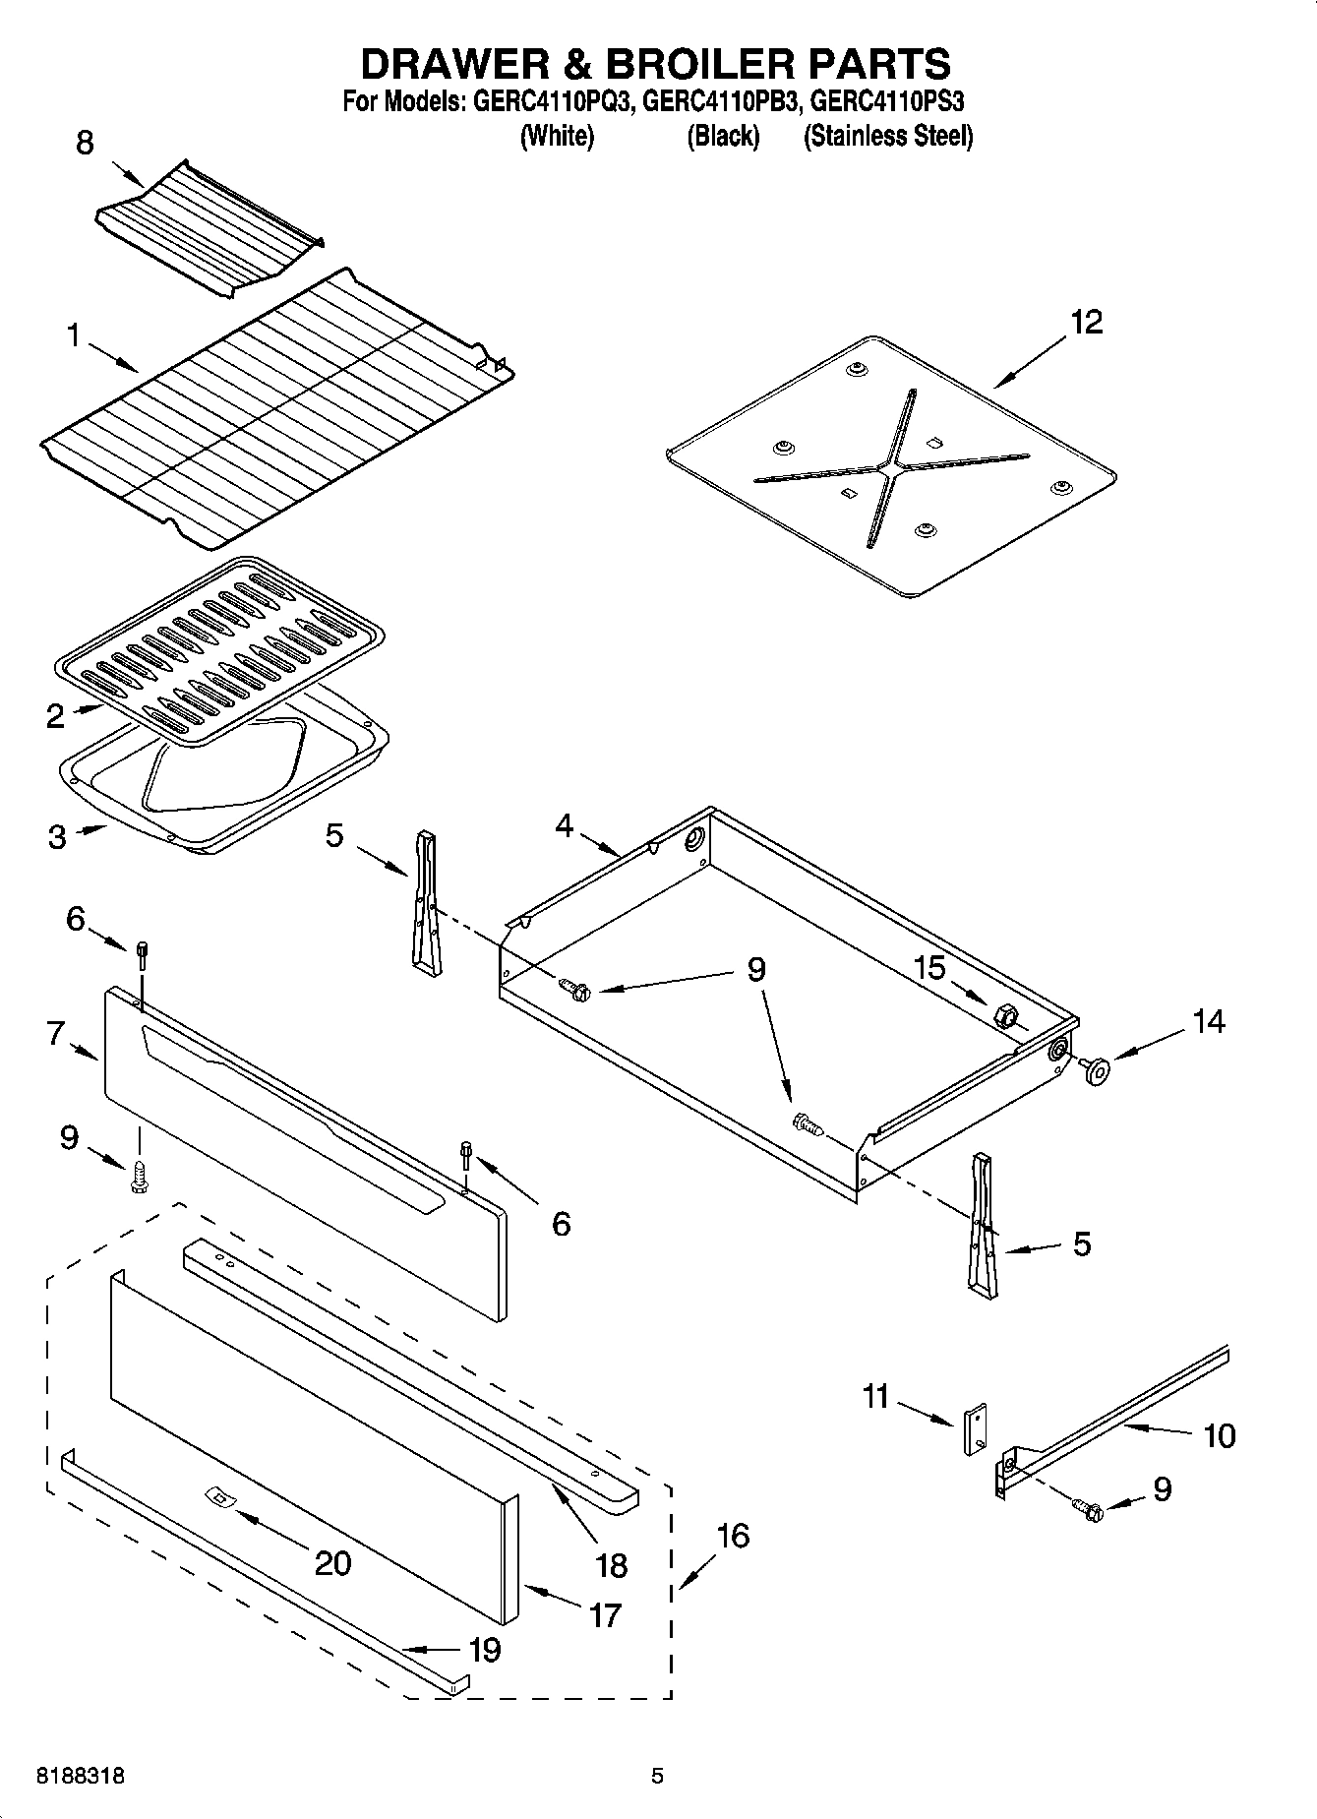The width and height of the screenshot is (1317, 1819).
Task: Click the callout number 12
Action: tap(1087, 322)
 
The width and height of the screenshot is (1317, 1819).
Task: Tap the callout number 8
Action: tap(85, 144)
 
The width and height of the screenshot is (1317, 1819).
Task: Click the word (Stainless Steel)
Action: tap(888, 136)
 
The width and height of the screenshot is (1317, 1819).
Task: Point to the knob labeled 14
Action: tap(1094, 1068)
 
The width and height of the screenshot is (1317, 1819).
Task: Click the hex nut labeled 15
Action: tap(1005, 1015)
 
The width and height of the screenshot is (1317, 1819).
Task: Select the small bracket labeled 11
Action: tap(975, 1428)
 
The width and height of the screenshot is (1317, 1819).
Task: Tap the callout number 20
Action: tap(332, 1563)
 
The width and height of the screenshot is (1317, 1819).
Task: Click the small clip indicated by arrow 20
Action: tap(218, 1497)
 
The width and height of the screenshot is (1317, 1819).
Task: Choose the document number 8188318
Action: tap(81, 1777)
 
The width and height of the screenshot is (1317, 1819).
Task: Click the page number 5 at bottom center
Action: tap(657, 1777)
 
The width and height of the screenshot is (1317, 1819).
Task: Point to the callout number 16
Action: tap(733, 1536)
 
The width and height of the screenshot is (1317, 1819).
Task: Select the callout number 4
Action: tap(564, 825)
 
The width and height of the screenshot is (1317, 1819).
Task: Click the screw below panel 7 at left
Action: tap(139, 1177)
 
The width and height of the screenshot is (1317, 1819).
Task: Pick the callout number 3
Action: tap(57, 837)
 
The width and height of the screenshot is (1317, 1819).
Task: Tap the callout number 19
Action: tap(485, 1650)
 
